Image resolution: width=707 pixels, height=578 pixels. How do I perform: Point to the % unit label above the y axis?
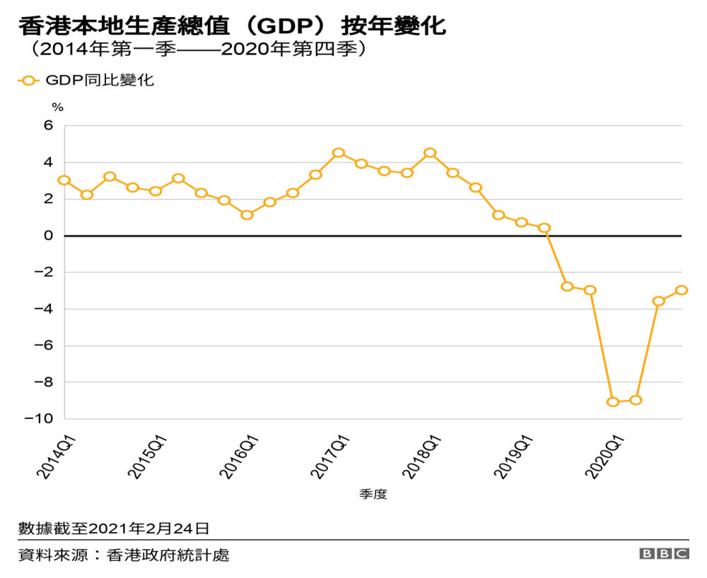tap(58, 107)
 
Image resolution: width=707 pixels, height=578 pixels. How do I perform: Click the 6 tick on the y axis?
tap(49, 126)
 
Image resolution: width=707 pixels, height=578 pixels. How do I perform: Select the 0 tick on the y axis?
tap(49, 236)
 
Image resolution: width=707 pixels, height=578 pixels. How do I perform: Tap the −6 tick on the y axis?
tap(44, 346)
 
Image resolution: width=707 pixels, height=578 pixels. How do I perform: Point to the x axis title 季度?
tap(373, 495)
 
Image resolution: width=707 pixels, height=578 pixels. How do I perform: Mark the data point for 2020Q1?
tap(613, 402)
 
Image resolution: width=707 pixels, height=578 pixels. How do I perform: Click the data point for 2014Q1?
tap(64, 180)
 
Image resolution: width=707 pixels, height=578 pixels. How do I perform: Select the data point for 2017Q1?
tap(339, 153)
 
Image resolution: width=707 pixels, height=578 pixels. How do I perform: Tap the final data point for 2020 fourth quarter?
tap(682, 290)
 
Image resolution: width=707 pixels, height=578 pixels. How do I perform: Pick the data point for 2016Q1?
tap(247, 215)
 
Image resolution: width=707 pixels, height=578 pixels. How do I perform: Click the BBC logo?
tap(664, 554)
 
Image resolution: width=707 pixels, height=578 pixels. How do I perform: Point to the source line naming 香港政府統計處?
tap(124, 555)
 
